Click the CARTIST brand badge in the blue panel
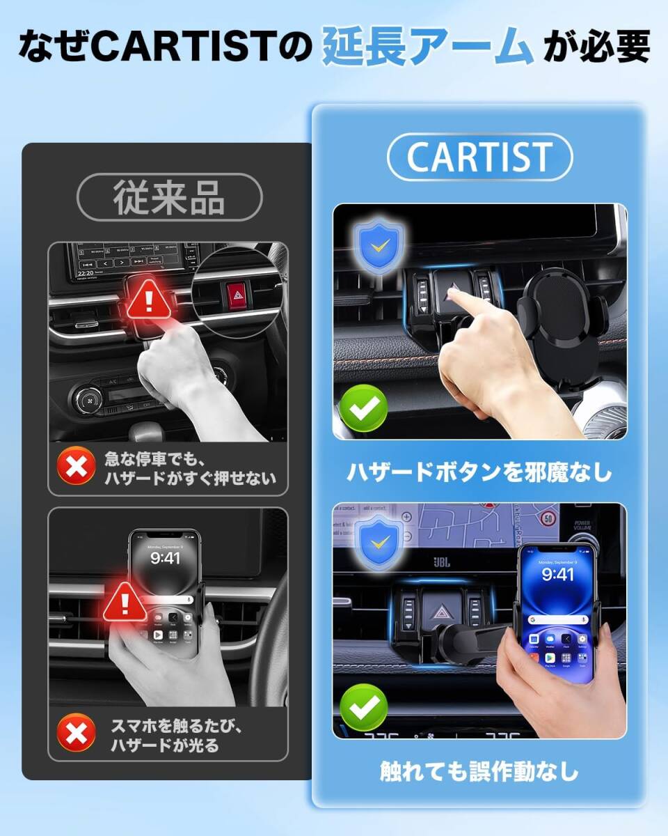click(479, 157)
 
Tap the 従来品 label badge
click(168, 198)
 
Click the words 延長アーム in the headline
click(427, 47)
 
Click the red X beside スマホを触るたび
click(77, 734)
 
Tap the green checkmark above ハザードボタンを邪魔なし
click(363, 408)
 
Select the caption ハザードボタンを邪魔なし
click(479, 472)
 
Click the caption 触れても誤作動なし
click(479, 771)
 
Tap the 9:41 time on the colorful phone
click(557, 574)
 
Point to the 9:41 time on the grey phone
click(166, 557)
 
